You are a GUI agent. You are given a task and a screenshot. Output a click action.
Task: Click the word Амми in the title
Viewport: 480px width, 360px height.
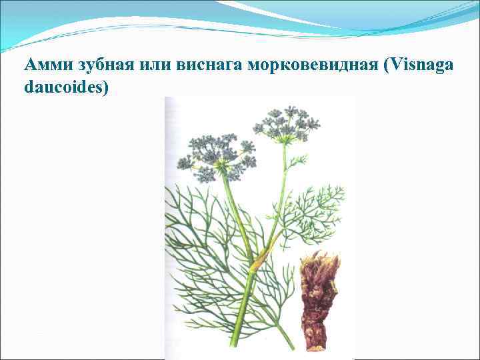pos(46,65)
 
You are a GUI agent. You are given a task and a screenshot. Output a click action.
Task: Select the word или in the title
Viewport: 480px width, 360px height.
pos(157,65)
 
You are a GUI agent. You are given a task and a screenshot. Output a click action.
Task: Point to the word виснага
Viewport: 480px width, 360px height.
pos(210,65)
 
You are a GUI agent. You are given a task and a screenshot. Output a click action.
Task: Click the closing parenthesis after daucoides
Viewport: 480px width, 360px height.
pos(105,87)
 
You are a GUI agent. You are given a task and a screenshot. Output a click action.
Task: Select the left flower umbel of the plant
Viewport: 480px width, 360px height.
pos(217,157)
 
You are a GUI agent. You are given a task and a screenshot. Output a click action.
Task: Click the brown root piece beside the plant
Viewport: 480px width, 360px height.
pos(319,300)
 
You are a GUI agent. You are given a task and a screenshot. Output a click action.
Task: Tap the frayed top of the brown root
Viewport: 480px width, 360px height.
pos(321,261)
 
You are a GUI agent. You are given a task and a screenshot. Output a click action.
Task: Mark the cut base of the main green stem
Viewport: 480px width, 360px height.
pos(234,343)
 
